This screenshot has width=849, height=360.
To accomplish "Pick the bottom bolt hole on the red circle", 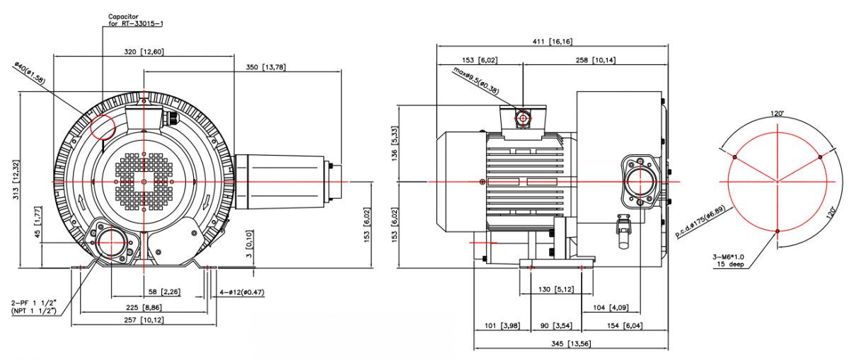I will [778, 231].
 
